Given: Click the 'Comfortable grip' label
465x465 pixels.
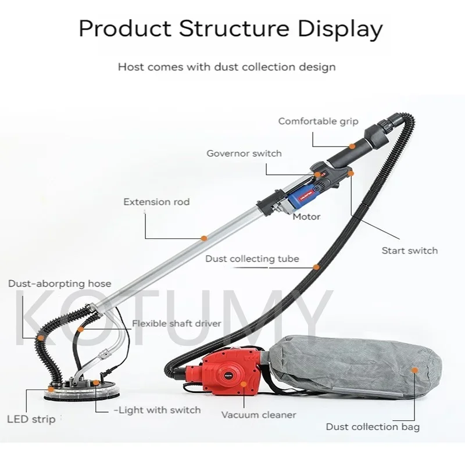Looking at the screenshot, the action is pyautogui.click(x=318, y=121).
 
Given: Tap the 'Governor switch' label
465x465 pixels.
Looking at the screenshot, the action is pyautogui.click(x=244, y=153).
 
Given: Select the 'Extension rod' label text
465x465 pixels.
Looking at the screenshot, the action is pyautogui.click(x=156, y=202).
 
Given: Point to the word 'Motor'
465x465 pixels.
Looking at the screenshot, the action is pyautogui.click(x=306, y=217).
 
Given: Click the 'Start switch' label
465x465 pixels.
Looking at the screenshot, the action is pyautogui.click(x=409, y=251).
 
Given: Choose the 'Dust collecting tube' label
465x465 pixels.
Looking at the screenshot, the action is pyautogui.click(x=252, y=259).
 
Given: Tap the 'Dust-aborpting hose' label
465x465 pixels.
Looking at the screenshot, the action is pyautogui.click(x=59, y=284).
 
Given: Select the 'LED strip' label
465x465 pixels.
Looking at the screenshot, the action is pyautogui.click(x=31, y=419).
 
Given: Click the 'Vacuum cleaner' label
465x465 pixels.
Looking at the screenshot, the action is pyautogui.click(x=259, y=415).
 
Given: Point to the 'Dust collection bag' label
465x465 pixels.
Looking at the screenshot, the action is pyautogui.click(x=373, y=427).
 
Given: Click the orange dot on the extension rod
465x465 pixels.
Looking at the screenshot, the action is pyautogui.click(x=203, y=238).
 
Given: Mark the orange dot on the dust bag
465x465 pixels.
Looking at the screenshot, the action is pyautogui.click(x=414, y=370).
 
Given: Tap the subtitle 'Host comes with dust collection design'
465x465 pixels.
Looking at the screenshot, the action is pyautogui.click(x=227, y=67).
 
